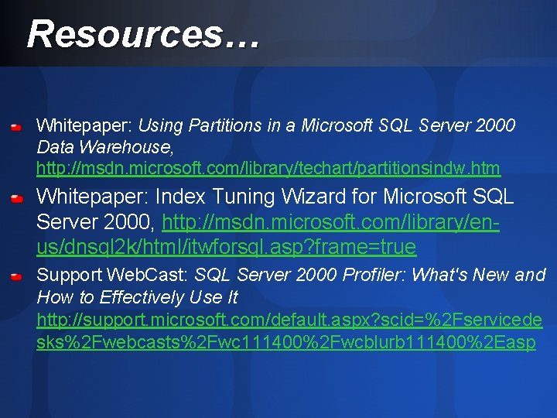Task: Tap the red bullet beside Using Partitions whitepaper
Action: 16,125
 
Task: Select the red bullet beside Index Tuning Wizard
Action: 16,198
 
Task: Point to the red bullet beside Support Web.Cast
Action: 16,276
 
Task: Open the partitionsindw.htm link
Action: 268,168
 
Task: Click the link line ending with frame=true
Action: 226,247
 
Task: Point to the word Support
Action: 70,275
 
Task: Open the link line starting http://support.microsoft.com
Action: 289,320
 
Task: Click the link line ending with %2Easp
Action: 285,342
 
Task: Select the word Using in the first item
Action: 160,125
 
